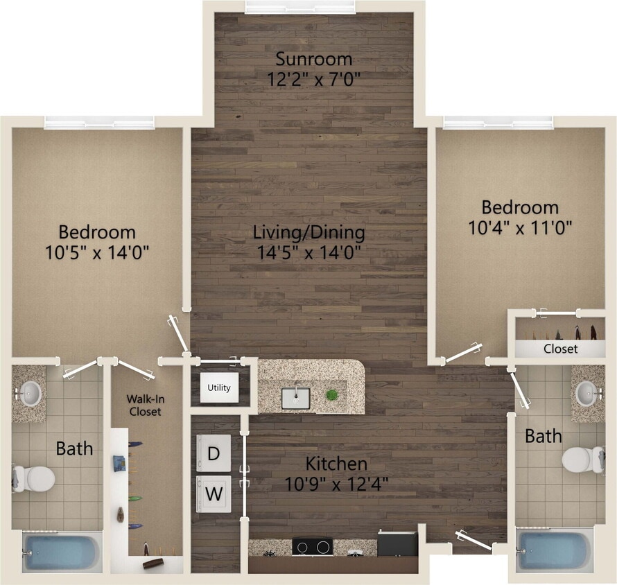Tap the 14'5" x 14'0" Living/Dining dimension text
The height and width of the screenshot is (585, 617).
[x=309, y=252]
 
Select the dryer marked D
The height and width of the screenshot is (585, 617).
[x=214, y=453]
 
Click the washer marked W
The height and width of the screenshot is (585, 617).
[x=214, y=494]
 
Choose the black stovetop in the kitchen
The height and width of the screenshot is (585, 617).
[x=312, y=546]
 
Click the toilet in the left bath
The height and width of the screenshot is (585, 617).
[x=35, y=478]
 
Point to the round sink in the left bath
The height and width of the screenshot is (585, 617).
[x=30, y=394]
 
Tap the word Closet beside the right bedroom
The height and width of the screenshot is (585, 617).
[x=560, y=349]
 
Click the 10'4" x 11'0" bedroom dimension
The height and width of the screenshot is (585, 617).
[x=521, y=227]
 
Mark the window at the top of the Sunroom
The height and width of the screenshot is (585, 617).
[x=300, y=8]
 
